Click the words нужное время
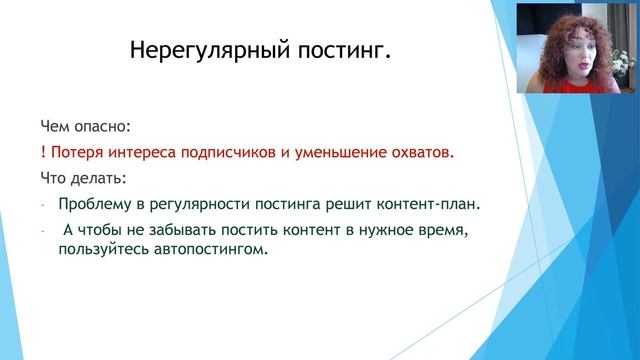[410, 231]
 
